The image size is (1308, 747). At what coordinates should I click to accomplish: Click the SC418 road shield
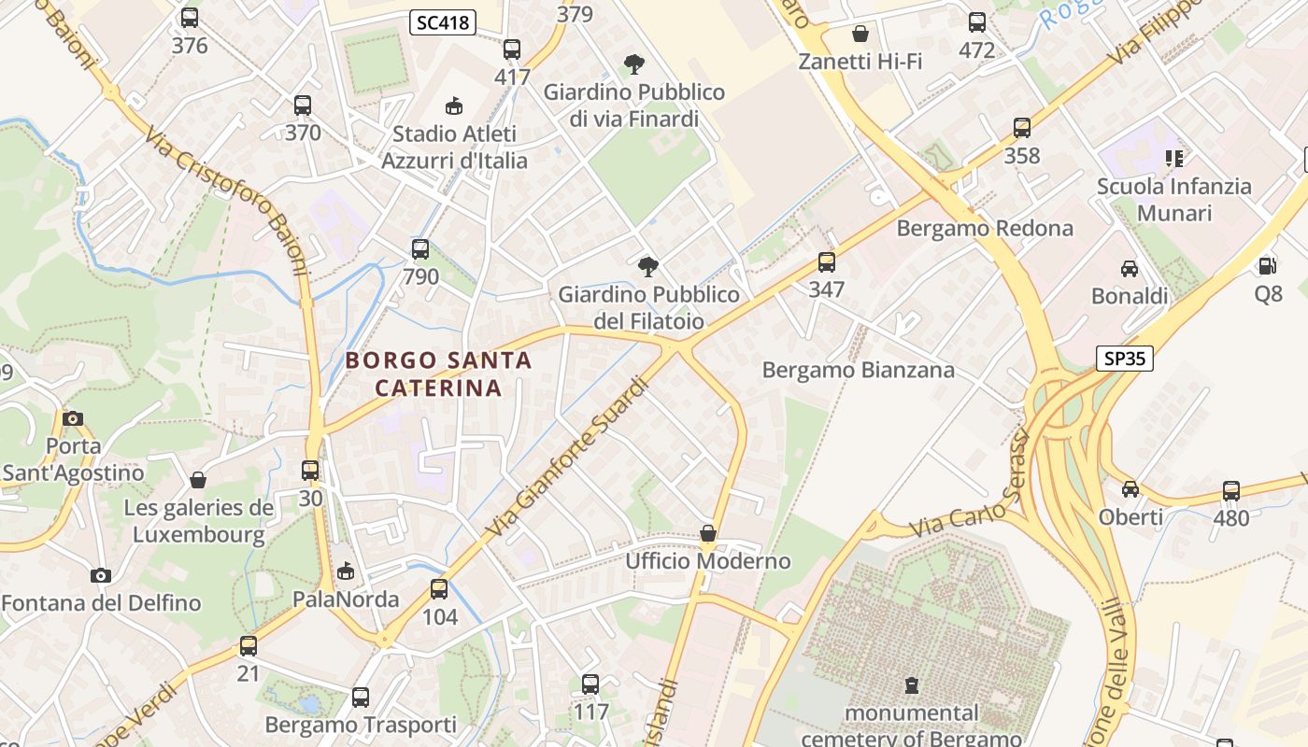tap(443, 22)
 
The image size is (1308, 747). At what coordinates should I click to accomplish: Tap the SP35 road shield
tap(1125, 359)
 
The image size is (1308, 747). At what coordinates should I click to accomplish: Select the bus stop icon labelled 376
tap(190, 18)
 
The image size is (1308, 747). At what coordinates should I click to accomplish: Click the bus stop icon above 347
tap(827, 262)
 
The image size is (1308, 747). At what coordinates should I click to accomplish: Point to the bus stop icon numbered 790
tap(420, 249)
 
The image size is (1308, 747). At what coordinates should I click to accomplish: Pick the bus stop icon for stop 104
tap(439, 589)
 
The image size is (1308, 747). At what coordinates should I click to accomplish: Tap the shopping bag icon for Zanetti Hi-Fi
tap(860, 35)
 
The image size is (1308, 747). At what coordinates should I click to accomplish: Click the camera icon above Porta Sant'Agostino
tap(73, 418)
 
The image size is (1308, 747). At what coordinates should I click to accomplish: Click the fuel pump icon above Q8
tap(1268, 266)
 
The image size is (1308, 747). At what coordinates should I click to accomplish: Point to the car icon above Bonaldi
tap(1130, 269)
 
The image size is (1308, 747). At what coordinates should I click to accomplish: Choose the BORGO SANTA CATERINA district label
tap(439, 373)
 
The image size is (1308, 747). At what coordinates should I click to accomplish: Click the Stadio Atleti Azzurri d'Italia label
tap(454, 148)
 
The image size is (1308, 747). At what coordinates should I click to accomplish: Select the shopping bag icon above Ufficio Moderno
tap(708, 534)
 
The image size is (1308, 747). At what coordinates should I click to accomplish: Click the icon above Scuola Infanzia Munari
tap(1173, 159)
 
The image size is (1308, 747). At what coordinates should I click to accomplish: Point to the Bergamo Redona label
tap(985, 229)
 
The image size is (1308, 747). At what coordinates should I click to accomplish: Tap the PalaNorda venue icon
tap(346, 571)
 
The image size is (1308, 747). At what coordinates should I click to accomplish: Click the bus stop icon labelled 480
tap(1231, 490)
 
